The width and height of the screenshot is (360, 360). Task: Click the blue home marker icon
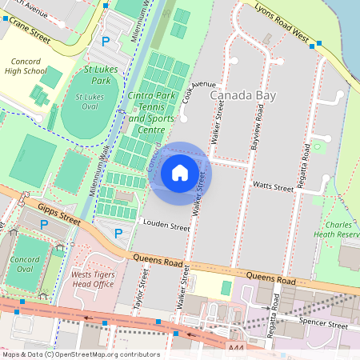coord(180,173)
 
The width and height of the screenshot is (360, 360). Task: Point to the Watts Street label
coord(274,186)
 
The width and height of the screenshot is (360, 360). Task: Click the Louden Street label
coord(165,226)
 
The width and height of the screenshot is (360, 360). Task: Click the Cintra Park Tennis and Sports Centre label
coord(152,113)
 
